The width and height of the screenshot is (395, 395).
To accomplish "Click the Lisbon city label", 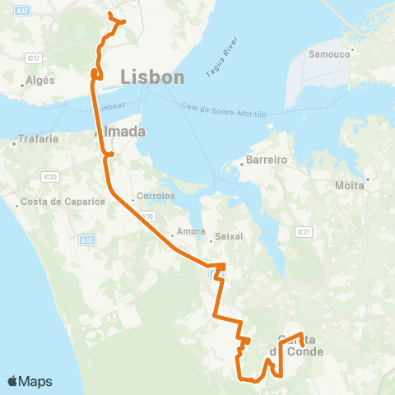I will point(152,77).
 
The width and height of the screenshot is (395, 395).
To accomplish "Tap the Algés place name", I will point(40,80).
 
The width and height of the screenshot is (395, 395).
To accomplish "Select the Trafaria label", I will point(39,139).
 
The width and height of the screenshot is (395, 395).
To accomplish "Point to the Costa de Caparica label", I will point(63,202).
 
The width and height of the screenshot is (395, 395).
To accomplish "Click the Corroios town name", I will point(157,197).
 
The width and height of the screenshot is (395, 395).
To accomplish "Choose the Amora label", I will point(190,231).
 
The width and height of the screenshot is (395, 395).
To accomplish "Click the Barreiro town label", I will point(267,160).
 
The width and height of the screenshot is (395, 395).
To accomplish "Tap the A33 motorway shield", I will point(87,239).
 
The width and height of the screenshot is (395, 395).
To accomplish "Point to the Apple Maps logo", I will point(30,381).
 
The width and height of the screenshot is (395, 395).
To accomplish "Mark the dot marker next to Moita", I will point(368,179).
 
